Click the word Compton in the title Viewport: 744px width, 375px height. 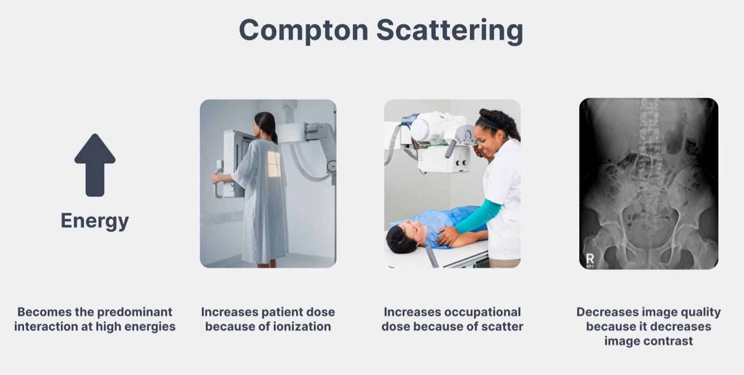coord(304,31)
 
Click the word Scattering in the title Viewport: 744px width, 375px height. coord(450,31)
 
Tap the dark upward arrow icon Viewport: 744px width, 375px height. coord(95,165)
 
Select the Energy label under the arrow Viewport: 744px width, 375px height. coord(95,221)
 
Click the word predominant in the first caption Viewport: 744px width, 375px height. coord(135,312)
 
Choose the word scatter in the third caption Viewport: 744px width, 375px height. coord(502,327)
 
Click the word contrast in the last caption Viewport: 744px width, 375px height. coord(670,341)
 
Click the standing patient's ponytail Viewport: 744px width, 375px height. coord(274,137)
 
